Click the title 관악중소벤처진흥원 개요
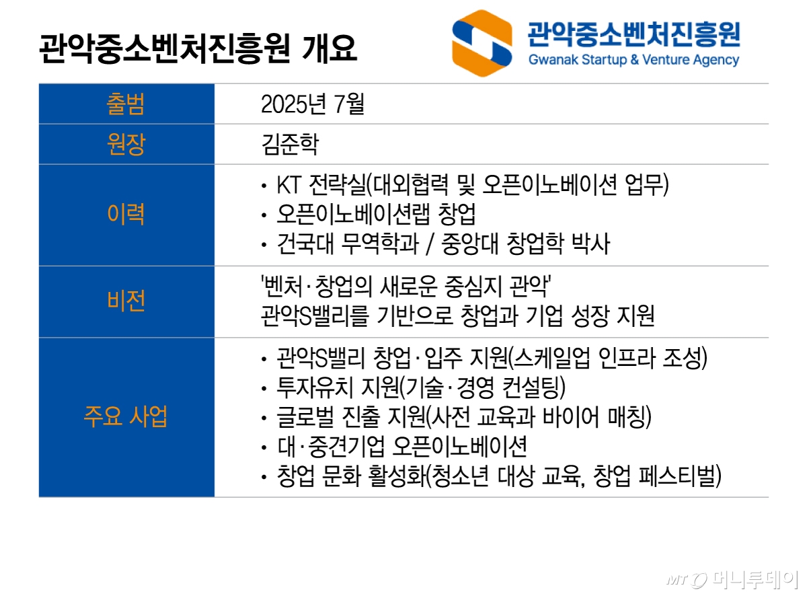[x=198, y=49]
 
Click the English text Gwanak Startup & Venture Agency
[x=633, y=60]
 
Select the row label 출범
[x=126, y=104]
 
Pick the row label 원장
[x=126, y=145]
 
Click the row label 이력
[x=126, y=215]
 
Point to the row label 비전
[x=126, y=302]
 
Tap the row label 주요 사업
[x=126, y=417]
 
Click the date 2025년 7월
[x=312, y=104]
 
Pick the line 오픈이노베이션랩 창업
[x=377, y=215]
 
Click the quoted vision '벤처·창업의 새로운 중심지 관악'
[x=406, y=287]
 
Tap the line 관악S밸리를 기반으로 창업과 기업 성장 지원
[x=457, y=317]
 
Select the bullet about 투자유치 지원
[x=421, y=387]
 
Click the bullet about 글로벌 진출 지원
[x=464, y=417]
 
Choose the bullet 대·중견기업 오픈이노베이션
[x=401, y=447]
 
